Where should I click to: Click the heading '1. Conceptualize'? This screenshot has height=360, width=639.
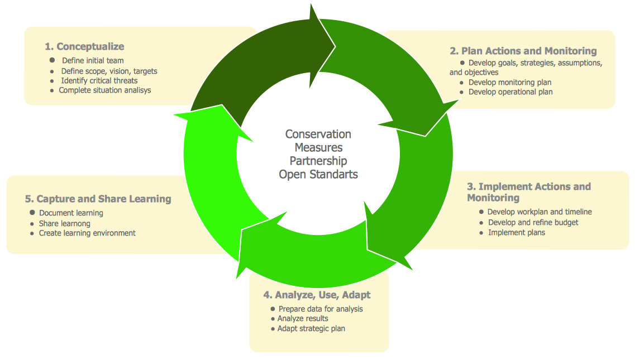click(x=84, y=46)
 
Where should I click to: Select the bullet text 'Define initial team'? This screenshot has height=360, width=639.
click(x=93, y=60)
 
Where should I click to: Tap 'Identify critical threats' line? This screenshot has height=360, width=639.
click(x=99, y=80)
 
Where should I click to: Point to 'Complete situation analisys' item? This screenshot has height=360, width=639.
click(x=104, y=90)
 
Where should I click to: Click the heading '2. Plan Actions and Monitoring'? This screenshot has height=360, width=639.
click(x=523, y=51)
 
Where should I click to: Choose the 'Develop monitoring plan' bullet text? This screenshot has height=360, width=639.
click(x=510, y=82)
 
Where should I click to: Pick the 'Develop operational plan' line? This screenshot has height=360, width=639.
click(x=511, y=92)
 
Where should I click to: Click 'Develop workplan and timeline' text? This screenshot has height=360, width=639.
click(x=539, y=212)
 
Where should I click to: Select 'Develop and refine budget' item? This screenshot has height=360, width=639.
click(x=533, y=222)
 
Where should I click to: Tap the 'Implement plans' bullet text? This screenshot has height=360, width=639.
click(x=516, y=232)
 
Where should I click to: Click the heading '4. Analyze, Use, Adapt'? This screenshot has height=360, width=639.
click(x=317, y=295)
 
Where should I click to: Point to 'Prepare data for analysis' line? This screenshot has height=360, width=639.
click(x=321, y=309)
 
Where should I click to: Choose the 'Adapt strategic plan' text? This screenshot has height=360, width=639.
click(x=311, y=328)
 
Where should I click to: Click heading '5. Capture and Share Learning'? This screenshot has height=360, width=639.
click(x=98, y=199)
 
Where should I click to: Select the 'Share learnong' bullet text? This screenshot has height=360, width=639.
click(x=64, y=223)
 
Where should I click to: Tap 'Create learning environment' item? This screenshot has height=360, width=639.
click(x=87, y=233)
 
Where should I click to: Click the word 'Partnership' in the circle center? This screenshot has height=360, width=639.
click(x=318, y=161)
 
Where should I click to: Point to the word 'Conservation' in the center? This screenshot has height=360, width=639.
click(x=318, y=134)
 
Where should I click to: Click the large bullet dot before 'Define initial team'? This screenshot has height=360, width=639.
click(x=52, y=60)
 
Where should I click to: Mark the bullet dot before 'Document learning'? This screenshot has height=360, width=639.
click(x=32, y=213)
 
